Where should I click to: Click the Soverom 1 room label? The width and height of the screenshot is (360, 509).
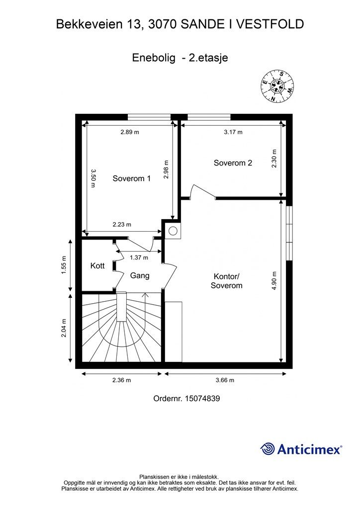[131, 178]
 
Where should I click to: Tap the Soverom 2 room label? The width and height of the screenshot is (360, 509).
[233, 163]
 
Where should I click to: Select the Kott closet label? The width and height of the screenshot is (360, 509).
[97, 265]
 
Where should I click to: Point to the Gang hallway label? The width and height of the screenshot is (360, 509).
[140, 275]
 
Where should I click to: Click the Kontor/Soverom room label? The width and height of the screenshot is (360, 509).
[227, 281]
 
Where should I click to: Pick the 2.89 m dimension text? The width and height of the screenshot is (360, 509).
[130, 132]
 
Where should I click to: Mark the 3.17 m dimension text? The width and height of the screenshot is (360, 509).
[233, 132]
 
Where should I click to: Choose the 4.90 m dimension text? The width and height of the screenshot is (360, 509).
[274, 280]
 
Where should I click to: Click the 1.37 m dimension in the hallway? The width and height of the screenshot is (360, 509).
[139, 257]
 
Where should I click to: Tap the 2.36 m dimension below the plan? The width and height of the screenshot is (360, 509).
[122, 380]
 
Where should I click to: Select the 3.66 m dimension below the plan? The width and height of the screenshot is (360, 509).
[225, 380]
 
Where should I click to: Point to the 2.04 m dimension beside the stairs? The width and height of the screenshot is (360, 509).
[64, 328]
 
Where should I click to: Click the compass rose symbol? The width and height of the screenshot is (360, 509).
[277, 85]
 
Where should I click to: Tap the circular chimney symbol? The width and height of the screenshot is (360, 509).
[173, 231]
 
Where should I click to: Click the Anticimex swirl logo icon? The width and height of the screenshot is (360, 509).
[268, 449]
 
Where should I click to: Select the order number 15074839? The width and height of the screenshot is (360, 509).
[202, 398]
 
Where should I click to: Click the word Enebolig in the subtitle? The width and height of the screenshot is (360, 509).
[154, 58]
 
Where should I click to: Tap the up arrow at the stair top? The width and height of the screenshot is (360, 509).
[145, 295]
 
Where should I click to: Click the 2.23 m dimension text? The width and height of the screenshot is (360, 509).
[122, 224]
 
